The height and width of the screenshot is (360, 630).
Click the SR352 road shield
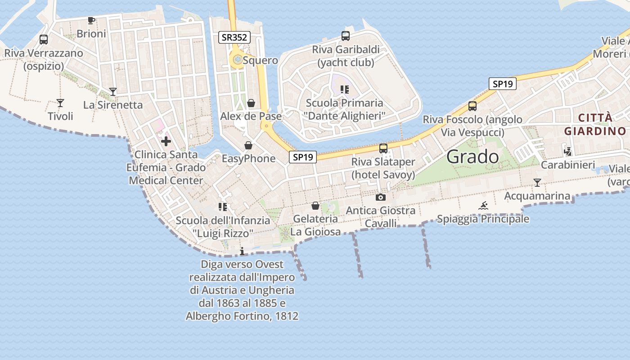[x=234, y=37]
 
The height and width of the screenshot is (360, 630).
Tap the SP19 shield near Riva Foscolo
[x=502, y=84]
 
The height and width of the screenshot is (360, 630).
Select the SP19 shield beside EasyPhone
[x=302, y=157]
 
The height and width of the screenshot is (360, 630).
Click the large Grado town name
[x=472, y=157]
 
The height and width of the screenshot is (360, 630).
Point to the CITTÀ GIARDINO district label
[x=595, y=125]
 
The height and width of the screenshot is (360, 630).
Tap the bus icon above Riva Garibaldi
[x=346, y=36]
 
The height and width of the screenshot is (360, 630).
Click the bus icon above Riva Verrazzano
[x=44, y=40]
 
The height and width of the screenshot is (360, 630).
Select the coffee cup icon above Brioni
[x=91, y=20]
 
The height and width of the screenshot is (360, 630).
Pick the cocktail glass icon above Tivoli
[x=60, y=103]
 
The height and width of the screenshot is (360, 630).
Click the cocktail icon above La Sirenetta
[x=113, y=92]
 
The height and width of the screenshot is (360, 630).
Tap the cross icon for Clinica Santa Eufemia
[x=166, y=141]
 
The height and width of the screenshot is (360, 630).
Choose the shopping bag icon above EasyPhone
[x=248, y=145]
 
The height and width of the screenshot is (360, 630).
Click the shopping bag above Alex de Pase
[x=251, y=103]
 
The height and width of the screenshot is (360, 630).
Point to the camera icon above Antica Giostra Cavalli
[x=381, y=197]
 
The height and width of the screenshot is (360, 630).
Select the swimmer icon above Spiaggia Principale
[x=483, y=206]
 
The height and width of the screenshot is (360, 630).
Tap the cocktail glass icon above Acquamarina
[x=537, y=183]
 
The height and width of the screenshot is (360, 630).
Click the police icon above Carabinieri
[x=568, y=152]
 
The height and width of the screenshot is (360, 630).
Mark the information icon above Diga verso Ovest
[x=242, y=251]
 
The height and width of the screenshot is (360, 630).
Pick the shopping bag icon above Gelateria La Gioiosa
[x=315, y=206]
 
